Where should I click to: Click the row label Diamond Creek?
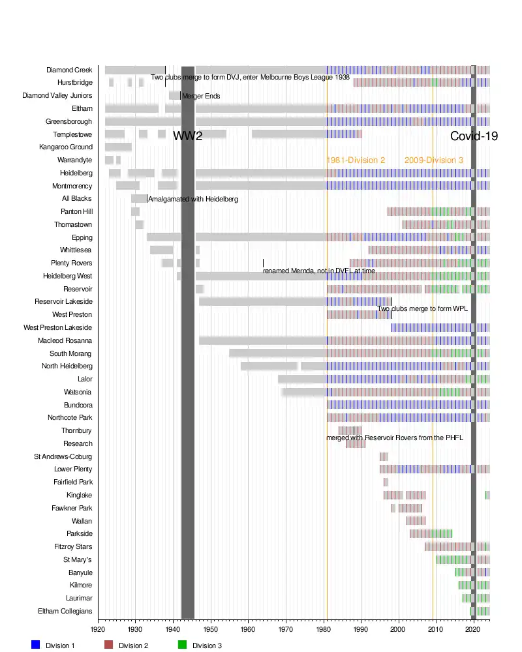tap(69, 70)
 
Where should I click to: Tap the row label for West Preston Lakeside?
tap(58, 327)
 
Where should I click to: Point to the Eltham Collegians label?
tap(64, 611)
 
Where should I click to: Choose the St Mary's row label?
tap(78, 559)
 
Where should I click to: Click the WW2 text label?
tap(187, 136)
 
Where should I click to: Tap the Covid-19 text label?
tap(474, 136)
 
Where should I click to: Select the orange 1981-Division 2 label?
tap(356, 160)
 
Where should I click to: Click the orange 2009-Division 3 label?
tap(434, 160)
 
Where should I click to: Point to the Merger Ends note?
tap(201, 96)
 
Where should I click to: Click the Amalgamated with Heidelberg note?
tap(193, 199)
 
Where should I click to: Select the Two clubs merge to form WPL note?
tap(423, 308)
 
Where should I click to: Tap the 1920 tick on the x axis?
tap(98, 630)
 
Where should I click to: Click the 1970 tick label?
tap(286, 630)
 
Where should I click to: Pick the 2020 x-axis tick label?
tap(473, 630)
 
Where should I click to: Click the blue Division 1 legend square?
tap(36, 645)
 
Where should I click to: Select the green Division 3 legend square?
tap(183, 645)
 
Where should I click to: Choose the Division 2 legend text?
tap(134, 645)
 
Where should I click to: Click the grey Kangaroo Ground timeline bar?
tap(118, 147)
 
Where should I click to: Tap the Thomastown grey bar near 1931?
tap(140, 224)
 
